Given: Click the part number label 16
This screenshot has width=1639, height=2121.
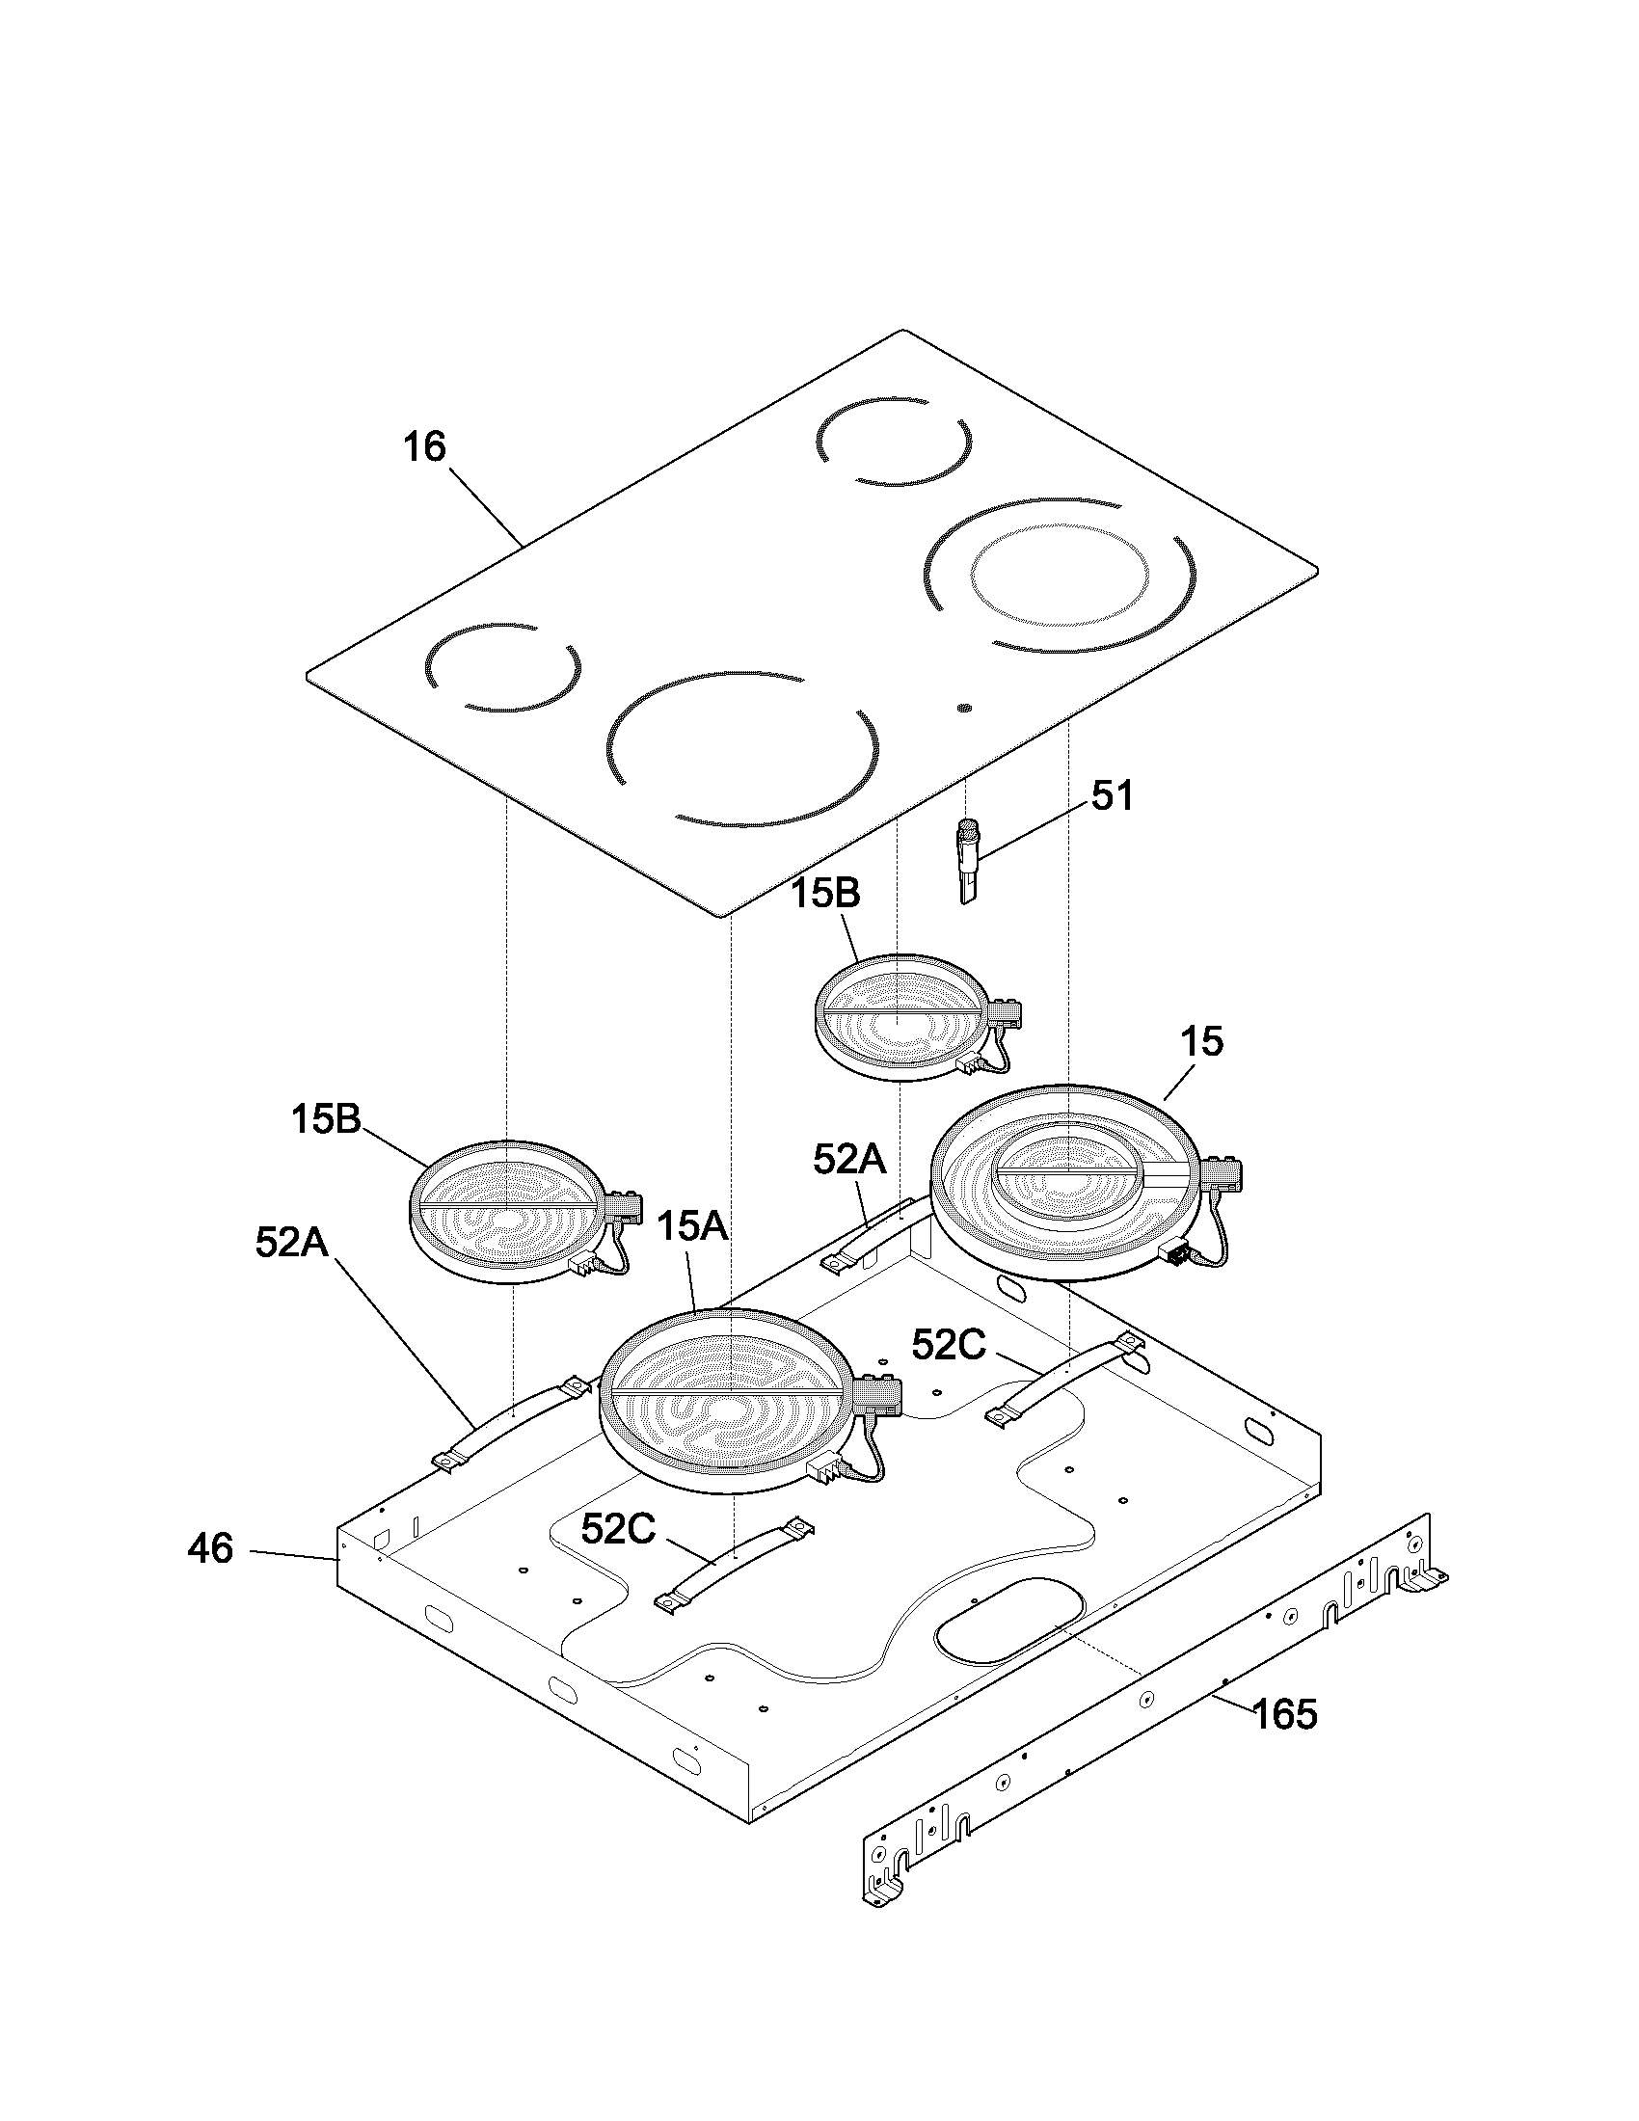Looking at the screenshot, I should tap(424, 446).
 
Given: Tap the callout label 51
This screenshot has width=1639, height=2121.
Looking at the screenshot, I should tap(1112, 796).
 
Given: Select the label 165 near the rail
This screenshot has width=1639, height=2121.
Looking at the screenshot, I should tap(1283, 1714).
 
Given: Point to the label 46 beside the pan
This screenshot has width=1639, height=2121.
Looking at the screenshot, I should tap(211, 1548).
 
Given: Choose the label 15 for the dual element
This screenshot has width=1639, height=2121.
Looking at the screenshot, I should tap(1202, 1042).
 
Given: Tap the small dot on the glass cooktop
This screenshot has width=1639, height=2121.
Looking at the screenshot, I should tap(963, 708).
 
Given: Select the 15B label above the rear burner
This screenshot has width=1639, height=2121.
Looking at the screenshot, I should tap(824, 894).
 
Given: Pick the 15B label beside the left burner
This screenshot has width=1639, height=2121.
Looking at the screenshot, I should tap(326, 1119).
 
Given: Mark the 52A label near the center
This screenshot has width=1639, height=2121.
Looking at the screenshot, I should tap(849, 1159).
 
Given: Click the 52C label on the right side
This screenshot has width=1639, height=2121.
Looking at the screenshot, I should tap(949, 1345).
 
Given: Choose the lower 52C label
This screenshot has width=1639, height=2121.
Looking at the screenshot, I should tap(619, 1530).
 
